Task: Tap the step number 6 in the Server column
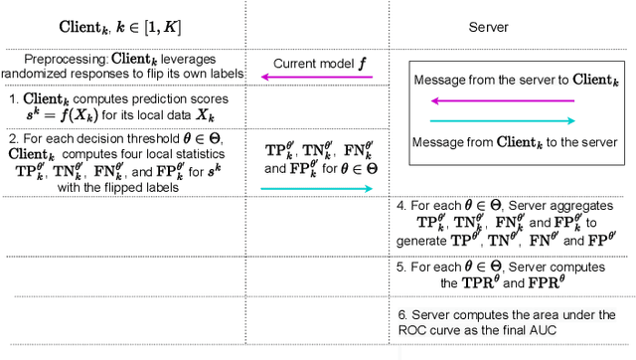400,314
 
